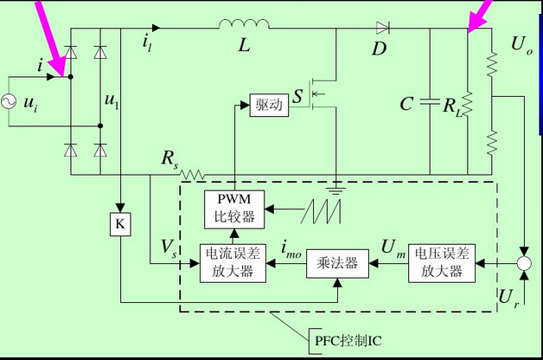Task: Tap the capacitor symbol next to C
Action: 430,104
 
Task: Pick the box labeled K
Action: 120,224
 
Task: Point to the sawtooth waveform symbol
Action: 322,209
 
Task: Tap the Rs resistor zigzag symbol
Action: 192,174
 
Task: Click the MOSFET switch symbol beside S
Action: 322,91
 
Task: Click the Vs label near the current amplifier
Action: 169,249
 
